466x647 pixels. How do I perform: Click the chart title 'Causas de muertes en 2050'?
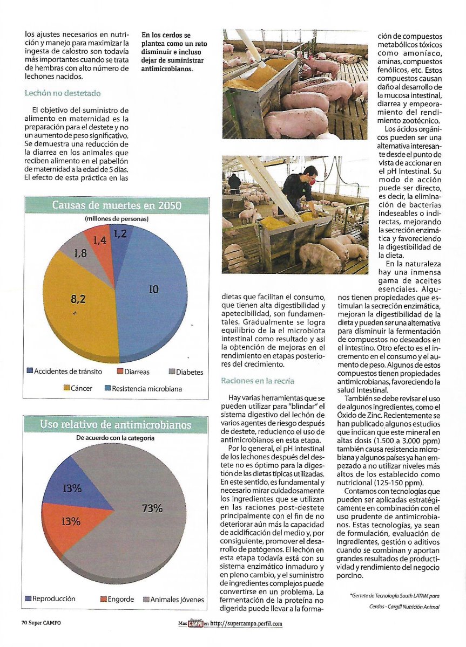(117, 206)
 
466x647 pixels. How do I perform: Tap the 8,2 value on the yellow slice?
(78, 297)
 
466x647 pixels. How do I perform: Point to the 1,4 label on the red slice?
(100, 240)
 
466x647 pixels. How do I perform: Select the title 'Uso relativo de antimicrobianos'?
(117, 425)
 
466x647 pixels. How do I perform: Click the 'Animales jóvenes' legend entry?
(173, 599)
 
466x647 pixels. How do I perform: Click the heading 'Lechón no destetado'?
(63, 93)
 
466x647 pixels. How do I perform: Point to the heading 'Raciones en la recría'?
(257, 381)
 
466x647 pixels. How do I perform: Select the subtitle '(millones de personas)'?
(117, 219)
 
